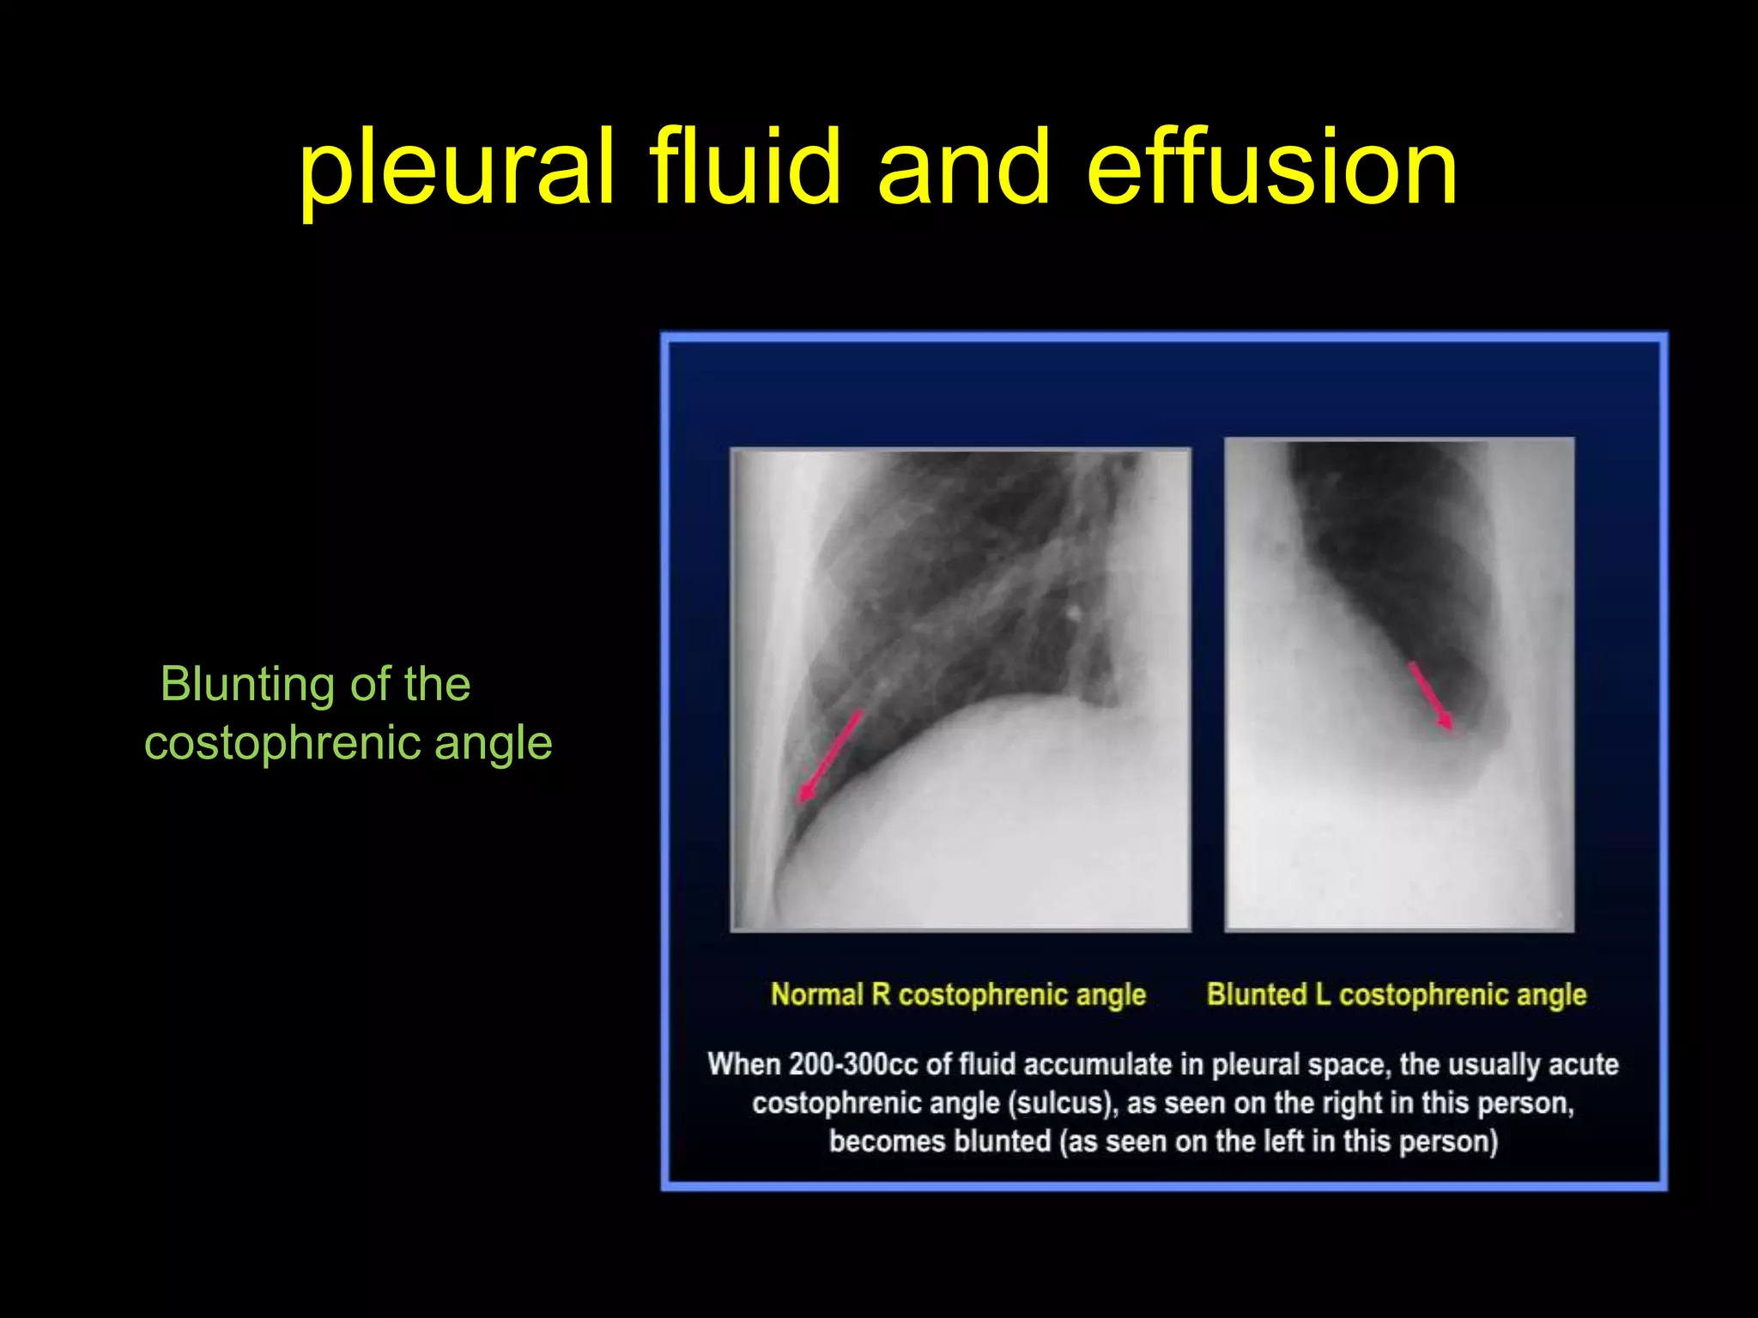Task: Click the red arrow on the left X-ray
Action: [828, 756]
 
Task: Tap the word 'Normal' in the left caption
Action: [817, 995]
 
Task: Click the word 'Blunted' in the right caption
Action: [1255, 995]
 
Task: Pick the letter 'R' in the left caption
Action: [881, 995]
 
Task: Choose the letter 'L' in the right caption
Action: [1322, 995]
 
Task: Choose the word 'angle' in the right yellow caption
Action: [1551, 995]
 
